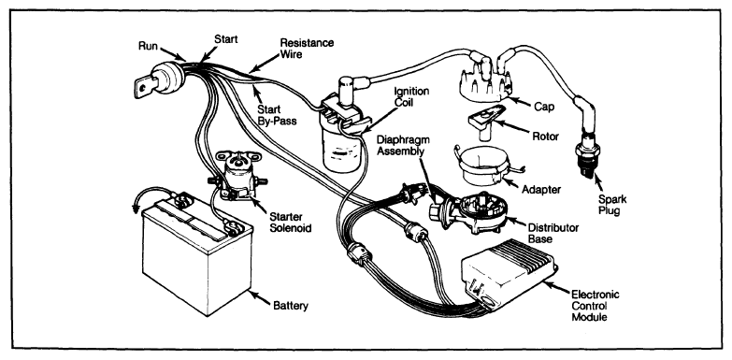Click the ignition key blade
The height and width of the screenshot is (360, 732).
click(x=144, y=86)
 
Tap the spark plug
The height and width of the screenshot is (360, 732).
click(x=588, y=153)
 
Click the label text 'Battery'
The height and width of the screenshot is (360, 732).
click(x=291, y=307)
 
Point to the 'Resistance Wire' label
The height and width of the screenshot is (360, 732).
click(x=307, y=49)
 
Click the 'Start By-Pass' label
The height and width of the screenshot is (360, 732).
click(x=277, y=115)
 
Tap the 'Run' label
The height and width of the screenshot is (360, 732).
click(x=148, y=46)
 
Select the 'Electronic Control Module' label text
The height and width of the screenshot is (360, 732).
click(x=596, y=306)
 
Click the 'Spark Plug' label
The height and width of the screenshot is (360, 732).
click(x=612, y=205)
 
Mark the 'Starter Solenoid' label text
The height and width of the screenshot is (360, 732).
click(x=291, y=223)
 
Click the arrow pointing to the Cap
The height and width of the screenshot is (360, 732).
click(x=518, y=102)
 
